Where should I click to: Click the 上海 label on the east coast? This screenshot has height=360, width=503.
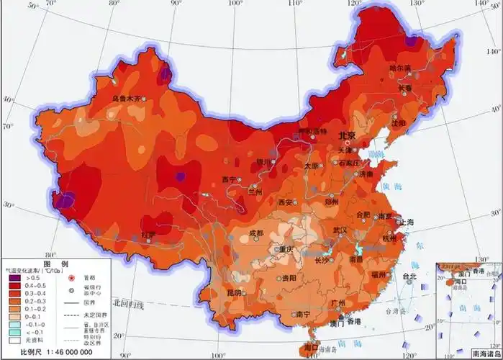point(405,222)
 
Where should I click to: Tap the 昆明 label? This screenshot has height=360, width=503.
point(235,293)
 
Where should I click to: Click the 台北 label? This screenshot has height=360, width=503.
point(409,276)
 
